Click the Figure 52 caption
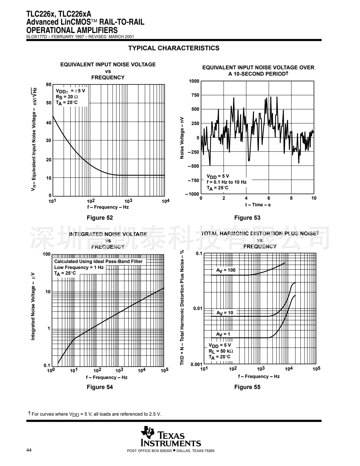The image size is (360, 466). pyautogui.click(x=100, y=218)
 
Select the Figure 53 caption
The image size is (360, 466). pyautogui.click(x=247, y=218)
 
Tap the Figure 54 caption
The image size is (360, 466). pyautogui.click(x=100, y=387)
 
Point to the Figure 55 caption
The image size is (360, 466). pyautogui.click(x=247, y=387)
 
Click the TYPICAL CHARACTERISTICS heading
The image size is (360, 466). pyautogui.click(x=174, y=48)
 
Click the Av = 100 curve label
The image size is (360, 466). pyautogui.click(x=226, y=270)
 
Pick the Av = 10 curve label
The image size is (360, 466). pyautogui.click(x=225, y=313)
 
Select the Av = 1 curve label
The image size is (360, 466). pyautogui.click(x=223, y=334)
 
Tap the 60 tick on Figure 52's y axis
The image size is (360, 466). pyautogui.click(x=49, y=84)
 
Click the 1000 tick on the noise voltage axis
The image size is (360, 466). pyautogui.click(x=194, y=81)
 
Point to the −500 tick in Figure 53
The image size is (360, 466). pyautogui.click(x=193, y=166)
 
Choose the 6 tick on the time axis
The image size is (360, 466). pyautogui.click(x=269, y=198)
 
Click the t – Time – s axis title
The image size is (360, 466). pyautogui.click(x=258, y=205)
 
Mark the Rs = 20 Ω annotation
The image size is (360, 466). pyautogui.click(x=67, y=97)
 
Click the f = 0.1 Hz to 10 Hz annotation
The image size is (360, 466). pyautogui.click(x=226, y=182)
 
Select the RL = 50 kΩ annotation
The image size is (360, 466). pyautogui.click(x=221, y=351)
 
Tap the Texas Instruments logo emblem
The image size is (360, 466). pyautogui.click(x=147, y=432)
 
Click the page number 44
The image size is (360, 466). pyautogui.click(x=29, y=451)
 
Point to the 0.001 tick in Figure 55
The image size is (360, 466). pyautogui.click(x=196, y=364)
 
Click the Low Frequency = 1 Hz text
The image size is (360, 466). pyautogui.click(x=79, y=267)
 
